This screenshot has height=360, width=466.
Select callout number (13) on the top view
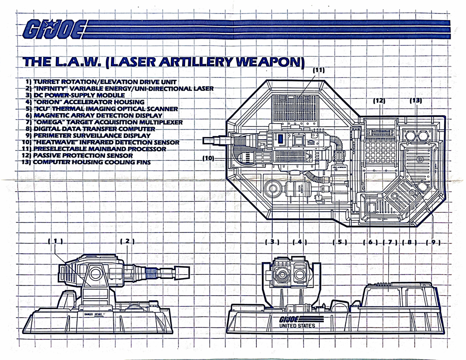(416, 101)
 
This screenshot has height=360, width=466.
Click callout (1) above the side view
(55, 241)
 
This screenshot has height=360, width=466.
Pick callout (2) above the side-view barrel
(127, 241)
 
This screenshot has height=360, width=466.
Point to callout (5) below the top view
(340, 242)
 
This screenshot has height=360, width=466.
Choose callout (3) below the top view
(272, 242)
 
